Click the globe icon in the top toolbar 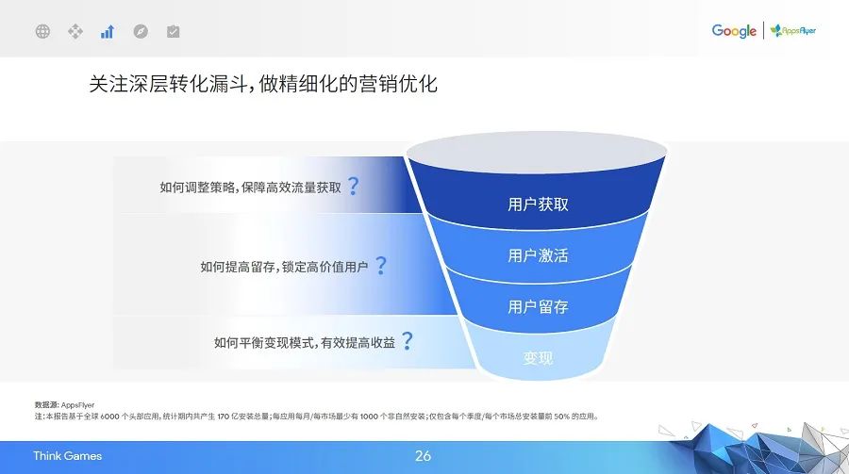[x=42, y=31]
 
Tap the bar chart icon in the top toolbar [x=108, y=31]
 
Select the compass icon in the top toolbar [x=141, y=31]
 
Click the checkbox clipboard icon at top [x=173, y=31]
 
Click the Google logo [x=734, y=31]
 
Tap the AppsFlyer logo [x=793, y=31]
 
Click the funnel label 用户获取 [x=538, y=204]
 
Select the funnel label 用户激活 [x=538, y=255]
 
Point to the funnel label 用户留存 [x=538, y=306]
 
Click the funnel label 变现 [x=538, y=358]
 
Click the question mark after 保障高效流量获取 [x=353, y=186]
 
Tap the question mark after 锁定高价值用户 [x=380, y=266]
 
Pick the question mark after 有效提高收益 [x=407, y=341]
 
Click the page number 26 [x=423, y=456]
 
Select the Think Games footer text [x=67, y=456]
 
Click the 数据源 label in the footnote [x=46, y=404]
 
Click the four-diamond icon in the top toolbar [x=75, y=31]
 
